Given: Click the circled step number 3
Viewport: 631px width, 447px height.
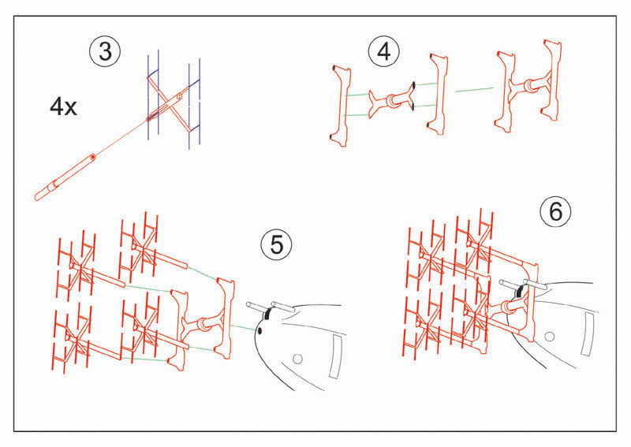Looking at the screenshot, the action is point(105,51).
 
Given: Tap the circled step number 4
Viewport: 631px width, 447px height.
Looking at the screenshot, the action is point(384,52).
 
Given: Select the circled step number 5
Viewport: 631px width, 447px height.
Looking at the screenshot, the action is point(276,244).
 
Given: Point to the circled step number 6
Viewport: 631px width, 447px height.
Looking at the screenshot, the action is point(556,211).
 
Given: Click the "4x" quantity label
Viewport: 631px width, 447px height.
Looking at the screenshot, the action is point(63,106).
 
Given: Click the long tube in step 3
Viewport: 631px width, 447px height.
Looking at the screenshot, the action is point(65,177).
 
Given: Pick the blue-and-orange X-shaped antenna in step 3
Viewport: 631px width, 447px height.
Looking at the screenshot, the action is point(174,99).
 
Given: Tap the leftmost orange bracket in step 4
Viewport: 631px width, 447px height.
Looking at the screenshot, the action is point(341,106).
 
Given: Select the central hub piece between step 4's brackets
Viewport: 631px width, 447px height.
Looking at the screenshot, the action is point(392,100).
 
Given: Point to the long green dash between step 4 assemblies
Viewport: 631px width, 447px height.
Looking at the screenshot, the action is point(474,89).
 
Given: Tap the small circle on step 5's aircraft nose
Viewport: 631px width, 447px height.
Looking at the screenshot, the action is point(297,359).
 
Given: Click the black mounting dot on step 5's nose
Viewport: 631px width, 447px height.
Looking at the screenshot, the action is point(259,331).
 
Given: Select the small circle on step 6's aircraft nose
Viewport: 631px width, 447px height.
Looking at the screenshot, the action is point(549,336).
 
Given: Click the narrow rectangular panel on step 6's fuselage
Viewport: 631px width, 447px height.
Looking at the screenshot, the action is point(588,334).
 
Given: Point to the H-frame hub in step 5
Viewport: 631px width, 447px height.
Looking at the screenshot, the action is point(204,323).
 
